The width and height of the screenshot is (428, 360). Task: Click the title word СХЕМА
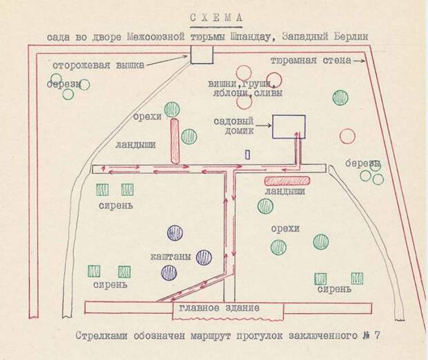click(216, 18)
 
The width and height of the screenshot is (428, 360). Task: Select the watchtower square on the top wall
click(202, 54)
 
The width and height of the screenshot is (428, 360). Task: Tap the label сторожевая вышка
click(98, 66)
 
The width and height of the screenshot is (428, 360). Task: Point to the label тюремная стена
click(311, 61)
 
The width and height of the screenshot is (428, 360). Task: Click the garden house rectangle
click(289, 126)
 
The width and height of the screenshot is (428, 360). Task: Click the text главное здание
click(220, 308)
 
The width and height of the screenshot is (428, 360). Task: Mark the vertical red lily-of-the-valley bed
click(175, 141)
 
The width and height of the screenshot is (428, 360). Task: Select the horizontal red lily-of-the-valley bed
click(287, 181)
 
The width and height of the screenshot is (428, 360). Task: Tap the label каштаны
click(171, 257)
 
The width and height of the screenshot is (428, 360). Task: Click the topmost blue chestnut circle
click(175, 233)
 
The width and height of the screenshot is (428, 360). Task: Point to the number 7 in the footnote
click(377, 335)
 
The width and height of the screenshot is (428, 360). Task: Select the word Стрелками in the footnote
click(101, 336)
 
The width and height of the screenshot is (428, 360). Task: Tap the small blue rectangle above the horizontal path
click(248, 155)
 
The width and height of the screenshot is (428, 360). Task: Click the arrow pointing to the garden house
click(263, 126)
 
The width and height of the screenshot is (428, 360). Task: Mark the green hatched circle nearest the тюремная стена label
click(340, 98)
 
